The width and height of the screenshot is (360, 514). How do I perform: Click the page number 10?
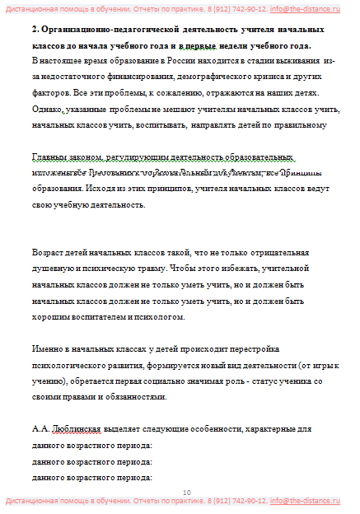click(x=186, y=491)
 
